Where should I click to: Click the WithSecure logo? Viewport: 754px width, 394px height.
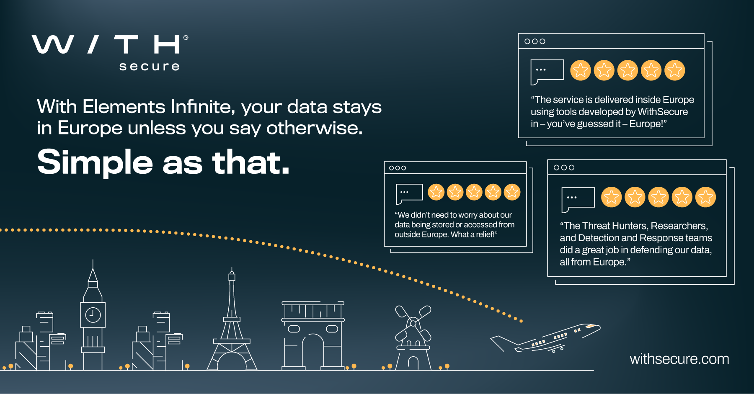110,53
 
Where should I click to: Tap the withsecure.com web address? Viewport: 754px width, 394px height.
679,359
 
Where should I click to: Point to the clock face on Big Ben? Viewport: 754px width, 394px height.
93,315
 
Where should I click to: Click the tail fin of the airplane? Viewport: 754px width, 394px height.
501,343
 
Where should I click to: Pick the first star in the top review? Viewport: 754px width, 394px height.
580,70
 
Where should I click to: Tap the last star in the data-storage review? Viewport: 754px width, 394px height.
512,192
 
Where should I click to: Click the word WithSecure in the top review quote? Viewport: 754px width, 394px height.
663,112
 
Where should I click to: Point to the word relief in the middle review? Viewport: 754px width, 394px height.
485,234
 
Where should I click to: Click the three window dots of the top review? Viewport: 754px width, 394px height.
535,41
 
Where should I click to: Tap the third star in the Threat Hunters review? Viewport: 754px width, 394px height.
658,197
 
